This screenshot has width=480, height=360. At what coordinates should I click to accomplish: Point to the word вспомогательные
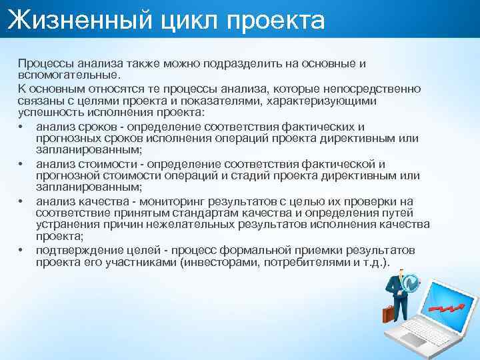(69, 75)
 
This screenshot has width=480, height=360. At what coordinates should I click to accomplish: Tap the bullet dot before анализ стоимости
(22, 164)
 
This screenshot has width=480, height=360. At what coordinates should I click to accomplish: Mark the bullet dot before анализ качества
(22, 201)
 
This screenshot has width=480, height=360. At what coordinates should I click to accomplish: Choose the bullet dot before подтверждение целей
(22, 251)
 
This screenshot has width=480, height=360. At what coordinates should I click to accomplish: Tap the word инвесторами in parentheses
(222, 263)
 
